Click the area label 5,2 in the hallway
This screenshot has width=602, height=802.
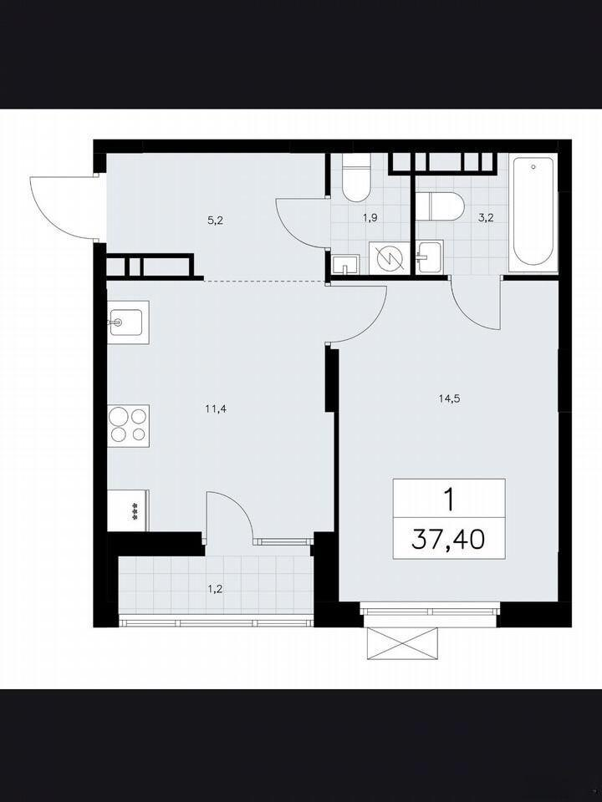pos(216,221)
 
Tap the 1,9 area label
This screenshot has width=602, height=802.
pos(370,218)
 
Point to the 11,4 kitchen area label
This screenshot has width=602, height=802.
pos(216,409)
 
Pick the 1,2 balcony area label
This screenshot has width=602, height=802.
pos(215,589)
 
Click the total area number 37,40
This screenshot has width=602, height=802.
pos(448,539)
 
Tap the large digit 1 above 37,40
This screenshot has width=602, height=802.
pos(449,500)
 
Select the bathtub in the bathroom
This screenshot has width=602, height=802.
pos(533,211)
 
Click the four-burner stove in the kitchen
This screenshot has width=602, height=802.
pos(128,425)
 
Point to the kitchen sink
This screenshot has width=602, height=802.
pos(127,322)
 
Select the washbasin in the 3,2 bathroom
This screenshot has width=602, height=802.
pos(430,258)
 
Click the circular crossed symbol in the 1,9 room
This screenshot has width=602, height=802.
pos(390,258)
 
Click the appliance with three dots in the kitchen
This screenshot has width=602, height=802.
pos(128,510)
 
